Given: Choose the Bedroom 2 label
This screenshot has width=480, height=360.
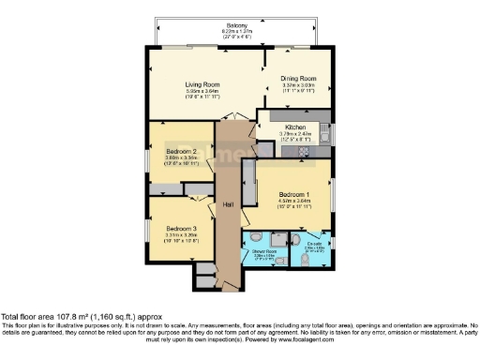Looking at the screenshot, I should pos(180,151).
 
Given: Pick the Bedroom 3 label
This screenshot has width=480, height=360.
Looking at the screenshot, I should pos(181,229).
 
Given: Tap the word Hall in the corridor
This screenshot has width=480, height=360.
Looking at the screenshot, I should pos(228,204).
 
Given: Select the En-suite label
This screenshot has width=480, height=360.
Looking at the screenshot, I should pos(315,245).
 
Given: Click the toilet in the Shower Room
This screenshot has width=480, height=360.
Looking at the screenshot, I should pos(278,263).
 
